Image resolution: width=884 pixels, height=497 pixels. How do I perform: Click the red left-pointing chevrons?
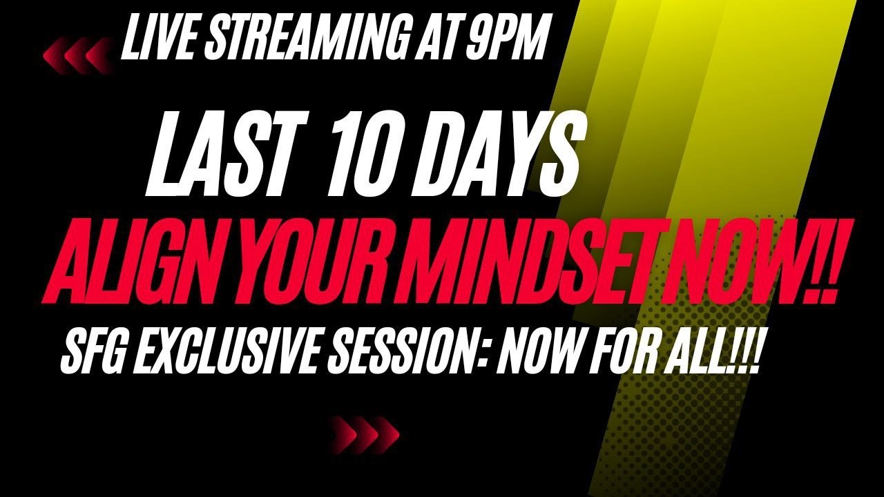point(78,54)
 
